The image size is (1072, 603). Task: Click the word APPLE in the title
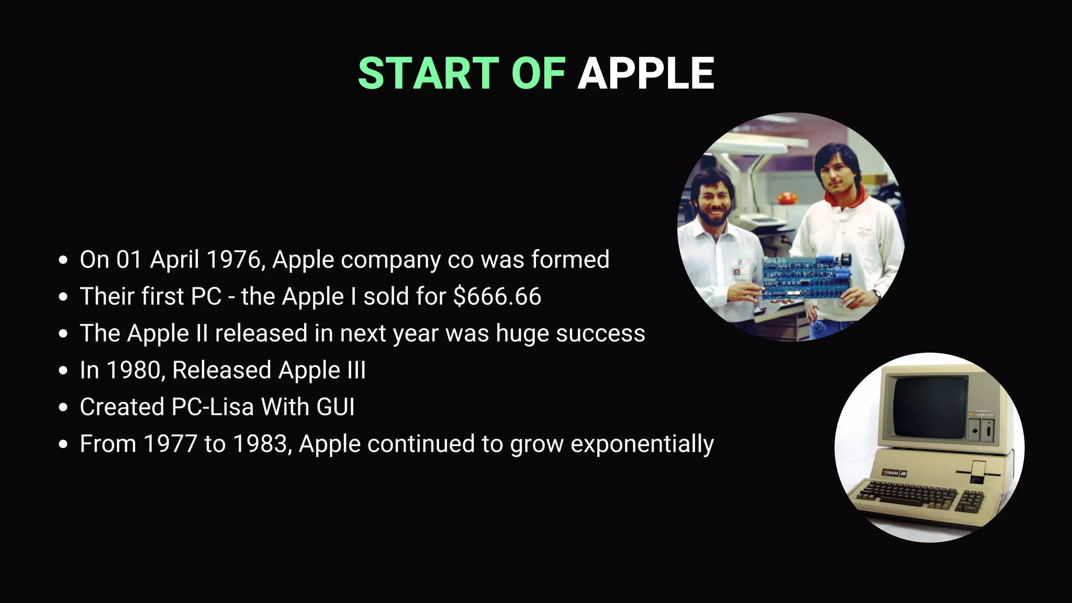(x=645, y=73)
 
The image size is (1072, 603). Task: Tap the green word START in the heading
(x=428, y=73)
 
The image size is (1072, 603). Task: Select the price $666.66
(x=497, y=296)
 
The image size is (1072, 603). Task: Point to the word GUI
(x=336, y=407)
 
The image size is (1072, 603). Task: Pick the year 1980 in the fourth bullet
(x=136, y=370)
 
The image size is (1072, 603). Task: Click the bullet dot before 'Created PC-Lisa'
(x=63, y=407)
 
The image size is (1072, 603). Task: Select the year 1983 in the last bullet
(x=260, y=444)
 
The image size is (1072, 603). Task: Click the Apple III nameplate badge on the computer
(x=894, y=473)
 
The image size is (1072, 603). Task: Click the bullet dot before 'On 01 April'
(x=63, y=260)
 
